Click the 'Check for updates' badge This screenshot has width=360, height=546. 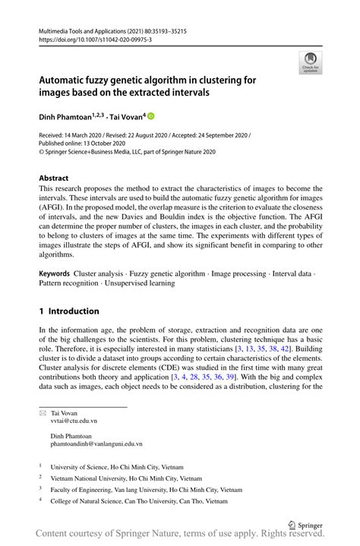tap(310, 64)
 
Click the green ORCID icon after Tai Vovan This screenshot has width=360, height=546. tap(150, 116)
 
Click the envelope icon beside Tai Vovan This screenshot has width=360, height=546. tap(43, 411)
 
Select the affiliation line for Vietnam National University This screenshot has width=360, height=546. tap(126, 479)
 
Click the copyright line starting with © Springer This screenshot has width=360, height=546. tap(128, 152)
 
